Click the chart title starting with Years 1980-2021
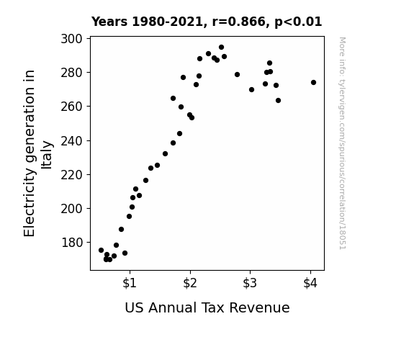[x=207, y=22]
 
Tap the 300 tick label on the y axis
[x=71, y=39]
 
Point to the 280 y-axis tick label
[x=71, y=73]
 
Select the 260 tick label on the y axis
[x=71, y=107]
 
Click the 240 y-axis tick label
[x=71, y=141]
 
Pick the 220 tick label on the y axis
[x=71, y=175]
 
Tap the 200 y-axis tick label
[x=71, y=209]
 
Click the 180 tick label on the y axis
[x=71, y=243]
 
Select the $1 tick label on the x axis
[x=130, y=284]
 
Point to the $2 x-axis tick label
[x=190, y=284]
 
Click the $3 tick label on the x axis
[x=250, y=284]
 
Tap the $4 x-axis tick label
[x=310, y=284]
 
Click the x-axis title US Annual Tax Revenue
[x=207, y=308]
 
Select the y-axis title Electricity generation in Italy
[x=37, y=153]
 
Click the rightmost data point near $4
[x=313, y=82]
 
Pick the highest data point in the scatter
[x=221, y=48]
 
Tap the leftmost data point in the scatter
[x=101, y=250]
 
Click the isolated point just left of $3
[x=237, y=74]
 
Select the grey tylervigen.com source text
[x=343, y=143]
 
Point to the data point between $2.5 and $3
[x=237, y=74]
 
